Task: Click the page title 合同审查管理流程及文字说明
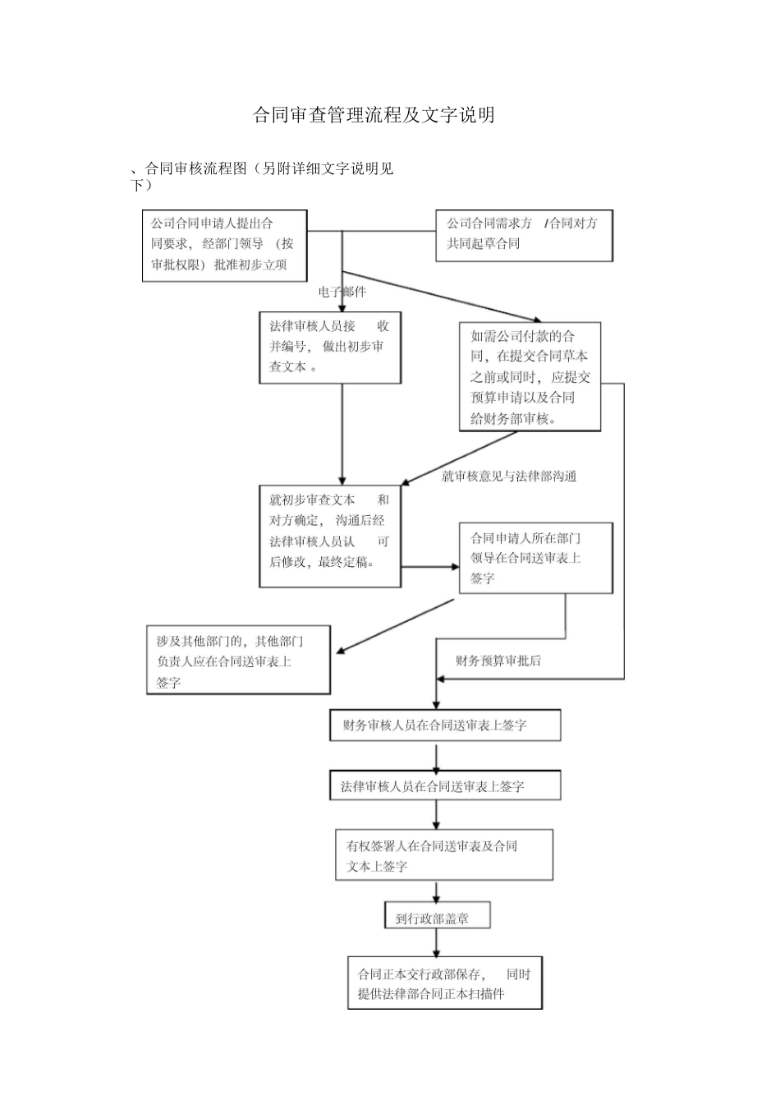coord(374,115)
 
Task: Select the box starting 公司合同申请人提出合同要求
coord(224,246)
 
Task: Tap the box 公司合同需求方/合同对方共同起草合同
coord(524,236)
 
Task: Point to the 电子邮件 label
coord(342,292)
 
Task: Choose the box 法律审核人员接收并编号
coord(330,348)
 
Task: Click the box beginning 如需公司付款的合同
coord(530,376)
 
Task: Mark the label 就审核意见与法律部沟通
coord(509,476)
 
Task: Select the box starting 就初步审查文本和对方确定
coord(330,536)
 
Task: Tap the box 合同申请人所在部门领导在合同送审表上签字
coord(535,558)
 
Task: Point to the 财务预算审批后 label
coord(498,661)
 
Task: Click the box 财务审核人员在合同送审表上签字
coord(445,725)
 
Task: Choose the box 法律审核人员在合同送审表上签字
coord(445,785)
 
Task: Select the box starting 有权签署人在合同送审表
coord(443,855)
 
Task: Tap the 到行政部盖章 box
coord(437,917)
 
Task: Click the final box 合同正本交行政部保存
coord(444,983)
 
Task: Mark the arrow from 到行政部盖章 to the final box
coord(436,942)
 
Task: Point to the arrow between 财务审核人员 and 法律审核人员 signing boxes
coord(436,756)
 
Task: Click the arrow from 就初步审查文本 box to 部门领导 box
coord(430,566)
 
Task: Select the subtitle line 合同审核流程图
coord(263,169)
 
